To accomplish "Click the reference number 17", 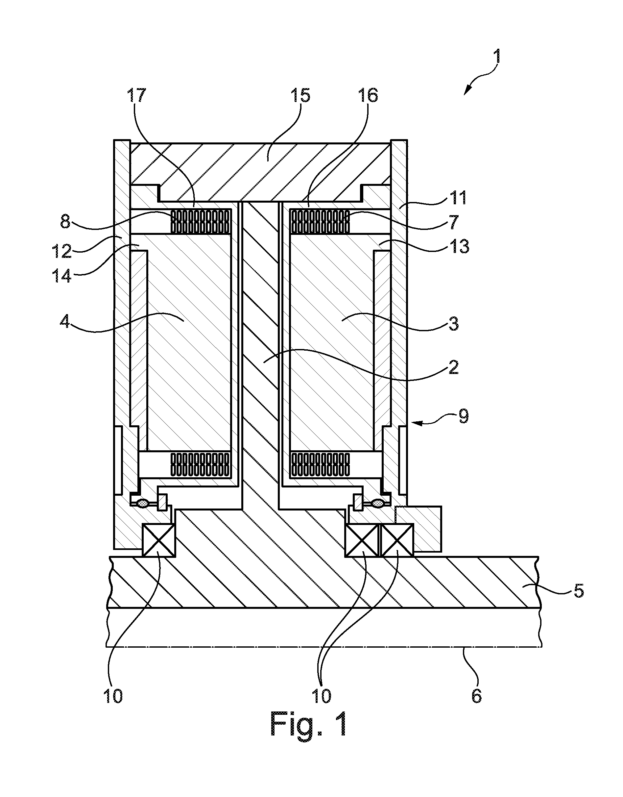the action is coord(136,95).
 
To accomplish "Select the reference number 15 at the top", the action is coord(300,95).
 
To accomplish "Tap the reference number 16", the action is coord(368,95).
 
